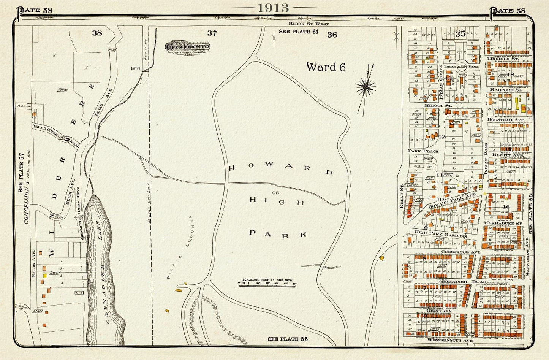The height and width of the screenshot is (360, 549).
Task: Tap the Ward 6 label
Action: [x=326, y=67]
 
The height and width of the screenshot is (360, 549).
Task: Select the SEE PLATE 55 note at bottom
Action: [x=288, y=339]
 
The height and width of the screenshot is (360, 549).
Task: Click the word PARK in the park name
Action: [x=278, y=233]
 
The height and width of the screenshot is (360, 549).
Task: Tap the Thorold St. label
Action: [x=503, y=59]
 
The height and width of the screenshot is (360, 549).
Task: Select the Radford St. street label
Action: [x=506, y=90]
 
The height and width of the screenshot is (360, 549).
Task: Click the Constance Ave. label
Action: [x=461, y=252]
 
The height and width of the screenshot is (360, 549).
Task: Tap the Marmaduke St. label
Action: [x=503, y=223]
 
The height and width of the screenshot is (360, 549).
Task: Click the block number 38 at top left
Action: [x=97, y=33]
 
